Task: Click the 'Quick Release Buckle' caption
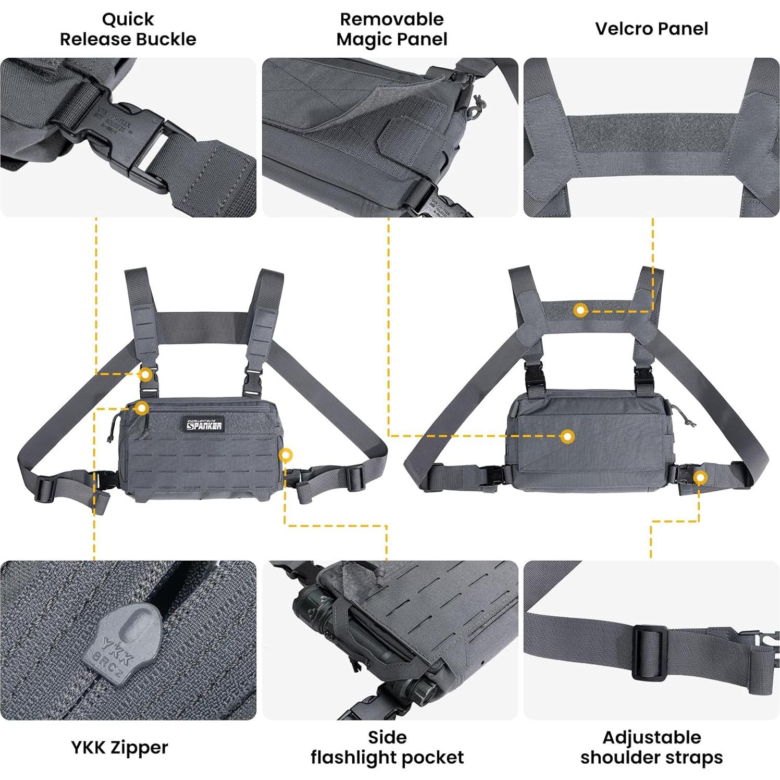(x=128, y=29)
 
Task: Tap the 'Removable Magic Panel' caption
(x=391, y=29)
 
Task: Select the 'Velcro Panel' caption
(x=651, y=29)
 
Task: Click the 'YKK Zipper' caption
(x=119, y=747)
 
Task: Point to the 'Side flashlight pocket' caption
(x=387, y=747)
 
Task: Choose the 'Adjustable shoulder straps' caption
(x=651, y=747)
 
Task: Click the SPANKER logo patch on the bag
(x=205, y=425)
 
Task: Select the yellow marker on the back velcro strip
(x=580, y=311)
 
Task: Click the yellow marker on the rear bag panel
(x=567, y=436)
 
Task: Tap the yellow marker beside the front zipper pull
(x=141, y=408)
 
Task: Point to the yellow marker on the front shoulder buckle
(x=146, y=374)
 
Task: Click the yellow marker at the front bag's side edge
(x=285, y=455)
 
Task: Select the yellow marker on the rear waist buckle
(x=700, y=477)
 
